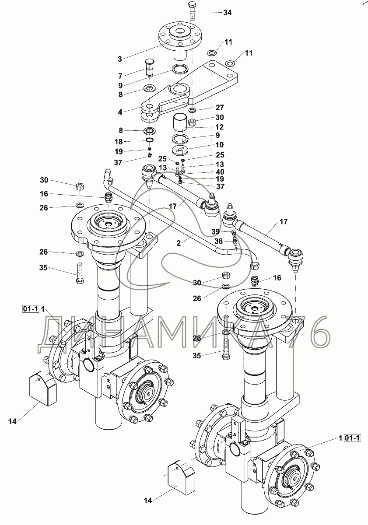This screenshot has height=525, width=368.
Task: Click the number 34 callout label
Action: pyautogui.click(x=227, y=13)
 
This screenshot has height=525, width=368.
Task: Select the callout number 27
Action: pyautogui.click(x=219, y=108)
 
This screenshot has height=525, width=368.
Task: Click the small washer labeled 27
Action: pyautogui.click(x=193, y=110)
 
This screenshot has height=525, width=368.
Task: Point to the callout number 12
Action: pyautogui.click(x=219, y=127)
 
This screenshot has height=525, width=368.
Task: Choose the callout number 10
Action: pyautogui.click(x=219, y=144)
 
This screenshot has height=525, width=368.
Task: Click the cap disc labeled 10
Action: pyautogui.click(x=180, y=150)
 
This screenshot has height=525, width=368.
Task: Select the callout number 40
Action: pyautogui.click(x=219, y=171)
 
